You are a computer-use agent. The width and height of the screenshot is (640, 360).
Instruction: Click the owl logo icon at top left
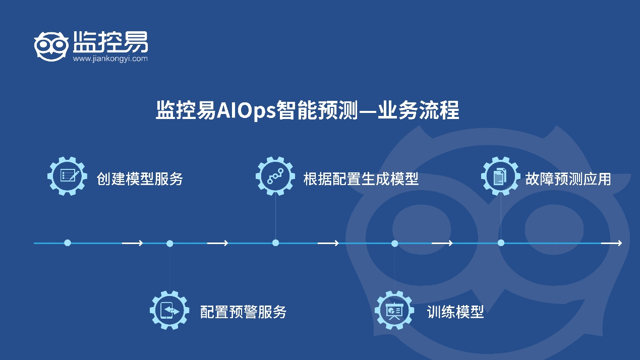click(51, 46)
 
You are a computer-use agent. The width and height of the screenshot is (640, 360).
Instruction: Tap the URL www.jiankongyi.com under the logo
click(110, 58)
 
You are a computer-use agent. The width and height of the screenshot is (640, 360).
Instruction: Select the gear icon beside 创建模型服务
click(67, 176)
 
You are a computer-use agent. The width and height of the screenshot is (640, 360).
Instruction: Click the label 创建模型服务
click(140, 179)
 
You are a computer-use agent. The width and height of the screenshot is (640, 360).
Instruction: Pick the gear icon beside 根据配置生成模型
click(275, 176)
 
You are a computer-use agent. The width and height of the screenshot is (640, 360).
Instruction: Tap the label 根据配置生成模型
click(361, 179)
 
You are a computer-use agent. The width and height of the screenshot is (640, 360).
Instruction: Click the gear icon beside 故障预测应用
click(500, 176)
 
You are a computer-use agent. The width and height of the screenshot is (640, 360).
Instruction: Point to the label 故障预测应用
click(568, 179)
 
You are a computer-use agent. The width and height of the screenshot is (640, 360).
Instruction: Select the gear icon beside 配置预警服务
click(169, 311)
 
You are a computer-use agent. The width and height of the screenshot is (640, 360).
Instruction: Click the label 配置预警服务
click(243, 312)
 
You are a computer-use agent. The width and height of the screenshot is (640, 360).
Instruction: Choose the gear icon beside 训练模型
click(394, 311)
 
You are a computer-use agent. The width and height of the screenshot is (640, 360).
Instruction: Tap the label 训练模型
click(455, 312)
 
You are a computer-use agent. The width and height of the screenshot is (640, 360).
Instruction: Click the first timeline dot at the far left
click(68, 243)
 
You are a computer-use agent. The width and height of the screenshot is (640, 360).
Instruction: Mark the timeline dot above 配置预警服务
click(169, 244)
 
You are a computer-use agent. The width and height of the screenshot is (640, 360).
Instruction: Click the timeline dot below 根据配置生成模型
click(275, 243)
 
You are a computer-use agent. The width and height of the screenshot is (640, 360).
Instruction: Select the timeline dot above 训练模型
click(394, 244)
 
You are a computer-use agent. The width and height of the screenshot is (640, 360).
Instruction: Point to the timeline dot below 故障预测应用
click(501, 243)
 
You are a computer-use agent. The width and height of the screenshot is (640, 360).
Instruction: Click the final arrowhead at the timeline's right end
click(618, 243)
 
